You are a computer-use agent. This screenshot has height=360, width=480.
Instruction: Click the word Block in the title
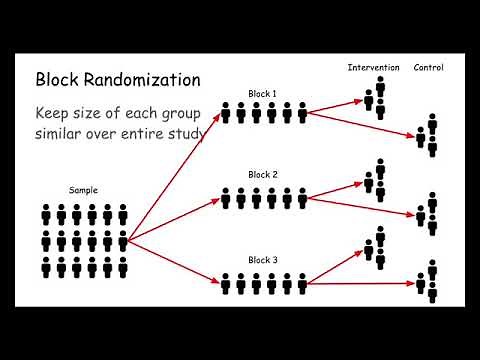[59, 79]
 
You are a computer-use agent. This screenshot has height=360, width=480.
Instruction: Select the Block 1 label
[263, 94]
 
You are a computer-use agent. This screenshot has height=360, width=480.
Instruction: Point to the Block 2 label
[263, 174]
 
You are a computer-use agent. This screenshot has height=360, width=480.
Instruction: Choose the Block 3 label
[263, 260]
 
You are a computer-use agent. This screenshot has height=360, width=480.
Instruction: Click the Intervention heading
[373, 68]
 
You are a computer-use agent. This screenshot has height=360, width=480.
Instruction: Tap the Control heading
[429, 68]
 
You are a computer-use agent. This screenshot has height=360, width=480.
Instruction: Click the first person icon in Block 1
[226, 114]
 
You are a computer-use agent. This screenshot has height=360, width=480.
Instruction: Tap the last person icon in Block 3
[302, 285]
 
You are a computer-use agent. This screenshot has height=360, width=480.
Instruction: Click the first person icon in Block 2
[226, 198]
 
